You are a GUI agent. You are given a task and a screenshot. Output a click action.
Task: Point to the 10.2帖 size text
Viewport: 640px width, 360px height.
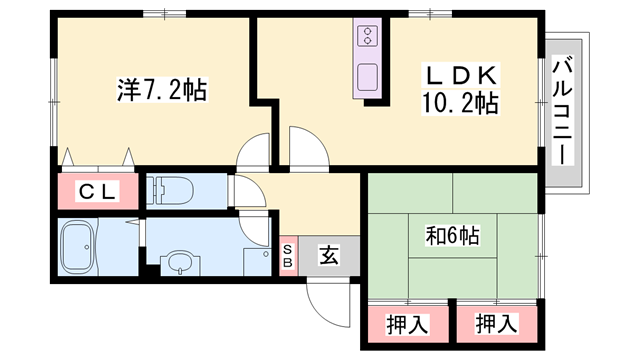coord(459,101)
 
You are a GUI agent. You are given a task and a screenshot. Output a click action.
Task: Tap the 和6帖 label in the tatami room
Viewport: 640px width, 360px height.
coord(452,237)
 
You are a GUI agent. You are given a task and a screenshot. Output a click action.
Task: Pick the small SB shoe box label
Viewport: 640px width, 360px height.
coord(288,256)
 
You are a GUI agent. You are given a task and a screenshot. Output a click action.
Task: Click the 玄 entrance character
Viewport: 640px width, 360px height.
coord(328,256)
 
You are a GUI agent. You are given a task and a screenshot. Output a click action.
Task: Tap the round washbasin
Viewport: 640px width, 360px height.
coord(179,263)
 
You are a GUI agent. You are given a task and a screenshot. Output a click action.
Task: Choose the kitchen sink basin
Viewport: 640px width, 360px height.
coord(366,76)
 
